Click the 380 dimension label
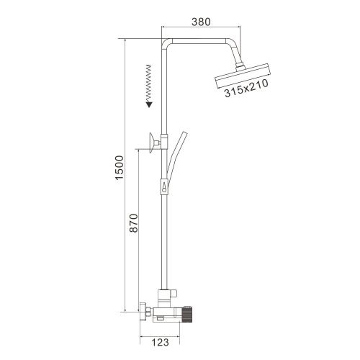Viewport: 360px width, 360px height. (x=202, y=22)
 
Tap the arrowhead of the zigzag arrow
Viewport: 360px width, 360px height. (x=149, y=103)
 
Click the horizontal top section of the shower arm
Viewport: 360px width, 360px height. (x=202, y=37)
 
